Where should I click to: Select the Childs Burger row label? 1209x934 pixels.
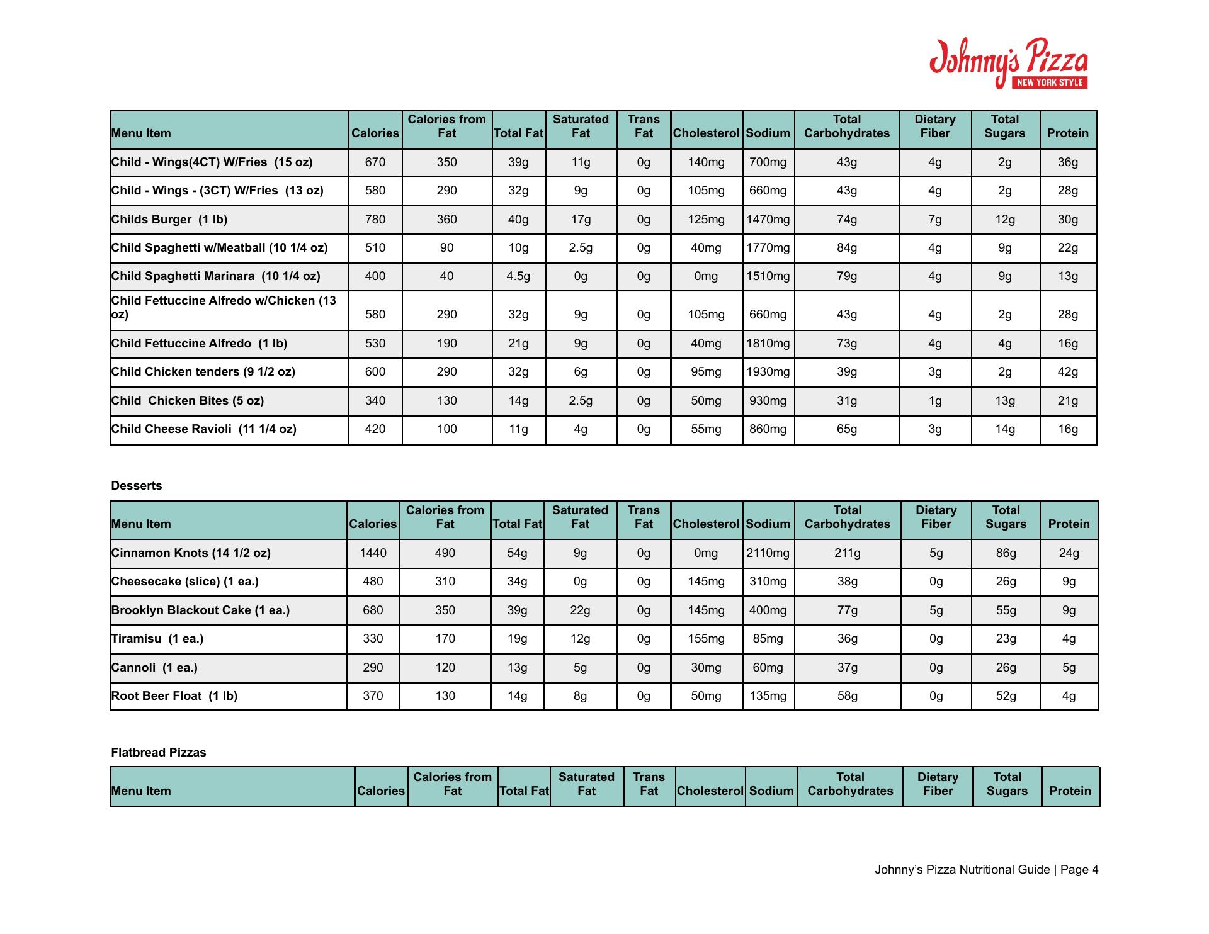169,220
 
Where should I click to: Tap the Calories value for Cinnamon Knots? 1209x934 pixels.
373,553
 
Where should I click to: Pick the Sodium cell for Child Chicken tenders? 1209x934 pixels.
768,372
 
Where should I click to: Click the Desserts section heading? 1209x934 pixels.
137,486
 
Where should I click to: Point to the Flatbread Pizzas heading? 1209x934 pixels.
159,753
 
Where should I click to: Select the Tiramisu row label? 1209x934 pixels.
157,639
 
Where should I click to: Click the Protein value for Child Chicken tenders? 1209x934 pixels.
1067,372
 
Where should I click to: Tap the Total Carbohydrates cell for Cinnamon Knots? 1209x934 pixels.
847,553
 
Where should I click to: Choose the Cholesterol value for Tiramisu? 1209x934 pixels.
706,639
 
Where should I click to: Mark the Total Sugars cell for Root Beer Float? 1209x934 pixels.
1006,696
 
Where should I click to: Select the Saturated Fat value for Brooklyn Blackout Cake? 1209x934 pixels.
580,610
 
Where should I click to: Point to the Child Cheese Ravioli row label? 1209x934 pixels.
203,429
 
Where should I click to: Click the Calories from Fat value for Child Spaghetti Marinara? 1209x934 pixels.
446,276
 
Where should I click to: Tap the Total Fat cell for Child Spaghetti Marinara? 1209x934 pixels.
518,276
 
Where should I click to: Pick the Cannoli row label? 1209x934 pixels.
154,668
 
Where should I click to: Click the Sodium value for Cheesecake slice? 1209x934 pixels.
768,582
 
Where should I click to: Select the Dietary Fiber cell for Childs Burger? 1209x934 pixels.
934,220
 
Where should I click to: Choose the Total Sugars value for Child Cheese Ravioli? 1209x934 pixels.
1004,429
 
